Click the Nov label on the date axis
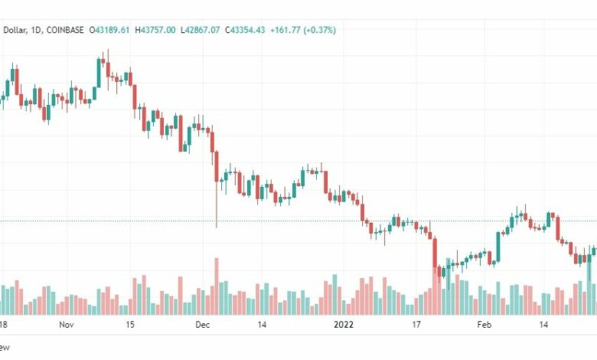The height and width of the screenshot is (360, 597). pyautogui.click(x=67, y=325)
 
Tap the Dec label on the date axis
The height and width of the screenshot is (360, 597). pyautogui.click(x=203, y=325)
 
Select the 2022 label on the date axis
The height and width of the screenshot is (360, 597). pyautogui.click(x=344, y=325)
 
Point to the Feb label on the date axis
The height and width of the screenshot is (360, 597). pyautogui.click(x=484, y=325)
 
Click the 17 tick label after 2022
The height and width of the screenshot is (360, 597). pyautogui.click(x=417, y=325)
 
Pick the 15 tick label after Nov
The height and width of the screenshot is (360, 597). pyautogui.click(x=130, y=325)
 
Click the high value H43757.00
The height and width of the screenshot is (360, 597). pyautogui.click(x=156, y=30)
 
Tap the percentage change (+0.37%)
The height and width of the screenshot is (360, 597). pyautogui.click(x=320, y=30)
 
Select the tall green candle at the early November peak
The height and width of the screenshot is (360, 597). pyautogui.click(x=99, y=72)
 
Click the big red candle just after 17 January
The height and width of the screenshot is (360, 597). pyautogui.click(x=435, y=253)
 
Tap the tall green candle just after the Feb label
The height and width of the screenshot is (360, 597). pyautogui.click(x=499, y=245)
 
